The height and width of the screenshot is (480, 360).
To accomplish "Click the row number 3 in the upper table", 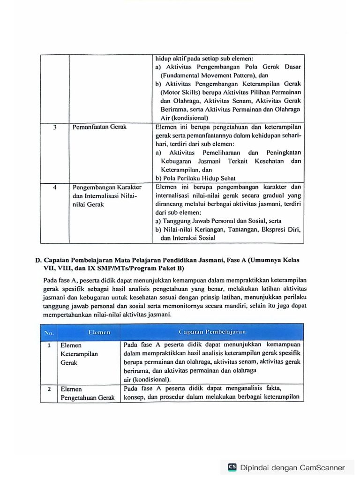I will tap(54, 127).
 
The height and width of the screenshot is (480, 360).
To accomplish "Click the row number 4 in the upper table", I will tap(54, 187).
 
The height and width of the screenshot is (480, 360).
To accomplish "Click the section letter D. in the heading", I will tap(39, 260).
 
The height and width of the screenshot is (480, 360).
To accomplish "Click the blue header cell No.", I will tap(49, 332).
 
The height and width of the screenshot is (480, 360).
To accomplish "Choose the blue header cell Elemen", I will tap(99, 332).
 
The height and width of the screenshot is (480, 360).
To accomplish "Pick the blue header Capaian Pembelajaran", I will tap(212, 332).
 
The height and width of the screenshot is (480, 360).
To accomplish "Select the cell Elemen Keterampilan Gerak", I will tap(79, 354).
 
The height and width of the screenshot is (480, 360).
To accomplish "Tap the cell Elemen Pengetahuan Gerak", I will tap(87, 394).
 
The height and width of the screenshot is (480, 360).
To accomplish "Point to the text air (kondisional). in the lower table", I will tap(147, 380).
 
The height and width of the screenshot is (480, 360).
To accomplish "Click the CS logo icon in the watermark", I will tap(232, 467).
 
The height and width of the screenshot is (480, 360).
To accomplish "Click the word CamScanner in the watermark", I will tap(322, 467).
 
